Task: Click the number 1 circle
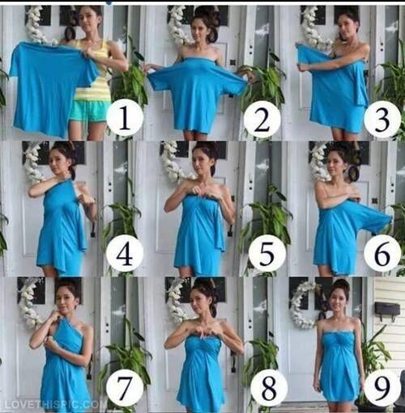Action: [x=125, y=118]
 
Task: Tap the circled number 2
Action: [x=262, y=118]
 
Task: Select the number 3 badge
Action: [x=382, y=118]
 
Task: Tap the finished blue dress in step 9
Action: [x=338, y=368]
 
